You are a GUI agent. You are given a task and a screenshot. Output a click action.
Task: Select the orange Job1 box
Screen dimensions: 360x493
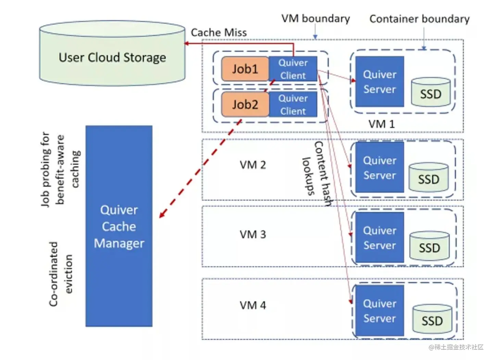[245, 69]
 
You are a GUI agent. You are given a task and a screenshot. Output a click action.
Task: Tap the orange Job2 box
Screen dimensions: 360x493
[245, 104]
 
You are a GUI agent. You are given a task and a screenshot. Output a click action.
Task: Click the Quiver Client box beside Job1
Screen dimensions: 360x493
[293, 69]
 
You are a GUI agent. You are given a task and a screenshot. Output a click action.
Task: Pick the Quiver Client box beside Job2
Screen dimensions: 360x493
[293, 104]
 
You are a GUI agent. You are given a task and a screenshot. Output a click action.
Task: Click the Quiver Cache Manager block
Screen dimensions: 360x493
[119, 226]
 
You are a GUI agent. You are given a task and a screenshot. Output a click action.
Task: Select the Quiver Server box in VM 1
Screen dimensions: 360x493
[379, 82]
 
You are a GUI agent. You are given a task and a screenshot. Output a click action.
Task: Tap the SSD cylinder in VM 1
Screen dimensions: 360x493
[431, 92]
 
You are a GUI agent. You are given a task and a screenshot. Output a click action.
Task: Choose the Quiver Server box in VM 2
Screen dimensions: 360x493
[379, 167]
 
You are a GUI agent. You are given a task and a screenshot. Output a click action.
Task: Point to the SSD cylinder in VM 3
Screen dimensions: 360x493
[429, 246]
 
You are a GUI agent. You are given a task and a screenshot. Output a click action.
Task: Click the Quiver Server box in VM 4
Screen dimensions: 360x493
[379, 311]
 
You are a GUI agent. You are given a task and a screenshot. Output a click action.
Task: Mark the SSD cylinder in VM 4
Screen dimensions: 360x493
[432, 319]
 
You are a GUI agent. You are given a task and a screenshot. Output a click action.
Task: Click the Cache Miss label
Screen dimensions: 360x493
[218, 33]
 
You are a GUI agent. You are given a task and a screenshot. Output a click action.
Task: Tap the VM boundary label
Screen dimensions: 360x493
[315, 18]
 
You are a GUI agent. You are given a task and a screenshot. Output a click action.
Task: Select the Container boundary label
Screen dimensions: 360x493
[419, 19]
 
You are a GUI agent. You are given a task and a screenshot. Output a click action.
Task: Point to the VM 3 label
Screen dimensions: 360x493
[253, 235]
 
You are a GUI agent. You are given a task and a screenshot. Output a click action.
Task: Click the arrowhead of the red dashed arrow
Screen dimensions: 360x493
[161, 216]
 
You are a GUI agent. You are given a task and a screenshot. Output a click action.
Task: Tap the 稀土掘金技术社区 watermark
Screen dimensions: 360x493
[456, 347]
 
